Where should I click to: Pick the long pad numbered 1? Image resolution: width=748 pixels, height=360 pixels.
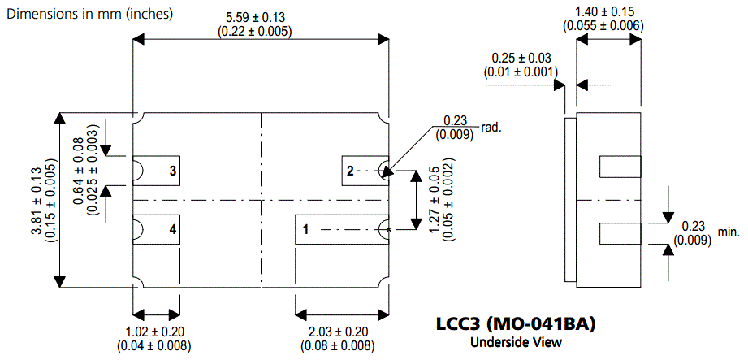[x=341, y=230]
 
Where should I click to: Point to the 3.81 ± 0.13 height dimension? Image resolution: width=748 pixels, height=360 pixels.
[x=42, y=201]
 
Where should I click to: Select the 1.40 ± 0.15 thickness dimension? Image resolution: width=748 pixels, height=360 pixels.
[x=604, y=18]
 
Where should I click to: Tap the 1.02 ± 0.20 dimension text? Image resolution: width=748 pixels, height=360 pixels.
[x=157, y=339]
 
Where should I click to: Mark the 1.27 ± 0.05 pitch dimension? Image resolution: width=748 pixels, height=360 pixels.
[x=443, y=201]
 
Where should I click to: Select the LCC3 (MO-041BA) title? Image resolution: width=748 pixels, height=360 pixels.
[x=515, y=325]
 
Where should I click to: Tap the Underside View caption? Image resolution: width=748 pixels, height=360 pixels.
[x=516, y=342]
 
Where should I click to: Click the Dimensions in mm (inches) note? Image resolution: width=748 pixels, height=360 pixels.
[x=89, y=14]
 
